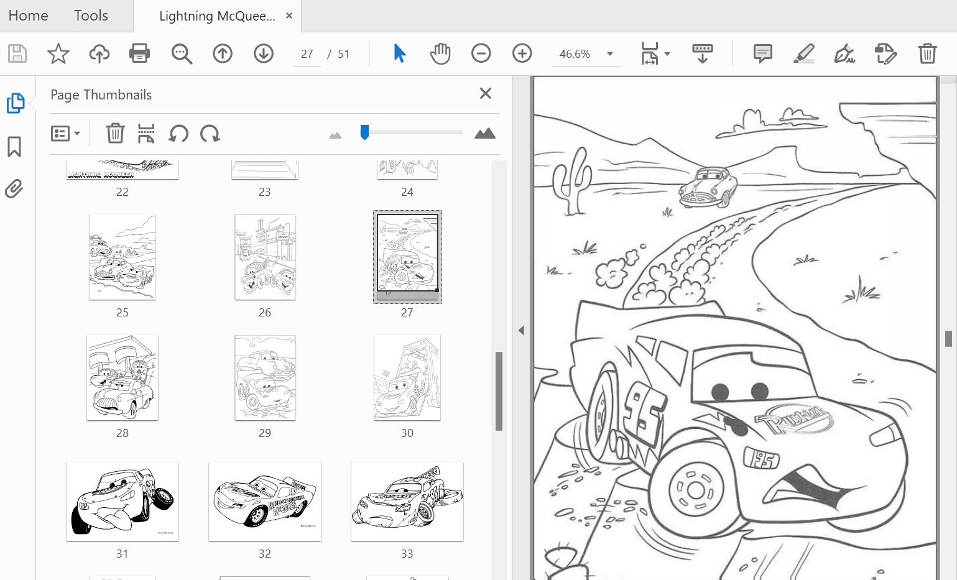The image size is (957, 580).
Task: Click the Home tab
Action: pyautogui.click(x=28, y=16)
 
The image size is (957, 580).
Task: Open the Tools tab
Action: pyautogui.click(x=91, y=16)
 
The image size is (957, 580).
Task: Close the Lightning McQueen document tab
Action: pyautogui.click(x=289, y=16)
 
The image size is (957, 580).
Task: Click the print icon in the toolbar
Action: pyautogui.click(x=139, y=53)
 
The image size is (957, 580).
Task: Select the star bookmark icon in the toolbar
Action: pyautogui.click(x=58, y=53)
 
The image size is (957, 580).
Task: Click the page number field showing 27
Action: pyautogui.click(x=307, y=54)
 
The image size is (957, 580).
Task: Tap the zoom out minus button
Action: pyautogui.click(x=481, y=53)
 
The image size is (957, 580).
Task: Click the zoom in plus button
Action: pyautogui.click(x=522, y=53)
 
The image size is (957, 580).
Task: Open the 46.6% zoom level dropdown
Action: pyautogui.click(x=610, y=54)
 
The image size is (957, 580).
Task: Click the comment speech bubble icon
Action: pyautogui.click(x=762, y=53)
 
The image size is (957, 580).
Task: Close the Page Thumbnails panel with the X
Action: pyautogui.click(x=486, y=93)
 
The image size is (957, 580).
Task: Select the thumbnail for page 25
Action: pyautogui.click(x=123, y=257)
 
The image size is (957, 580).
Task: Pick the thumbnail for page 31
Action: pyautogui.click(x=123, y=501)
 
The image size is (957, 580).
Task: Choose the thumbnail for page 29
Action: pyautogui.click(x=265, y=378)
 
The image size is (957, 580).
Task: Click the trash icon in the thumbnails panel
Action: pyautogui.click(x=115, y=133)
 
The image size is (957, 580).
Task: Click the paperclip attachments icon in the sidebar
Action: pyautogui.click(x=14, y=188)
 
